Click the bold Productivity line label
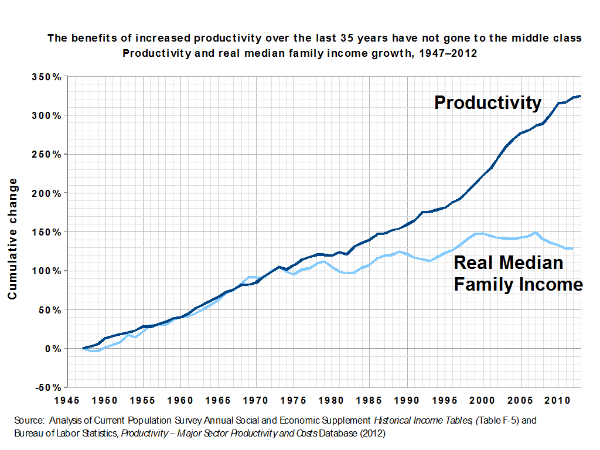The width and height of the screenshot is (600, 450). click(x=487, y=103)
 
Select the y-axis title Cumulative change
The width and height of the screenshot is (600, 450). click(x=12, y=242)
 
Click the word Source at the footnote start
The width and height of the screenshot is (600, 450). click(x=28, y=421)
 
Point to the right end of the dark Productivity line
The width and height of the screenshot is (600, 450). click(x=580, y=96)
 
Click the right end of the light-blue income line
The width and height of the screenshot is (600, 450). click(x=572, y=248)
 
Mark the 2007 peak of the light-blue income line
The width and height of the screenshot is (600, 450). click(x=535, y=233)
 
